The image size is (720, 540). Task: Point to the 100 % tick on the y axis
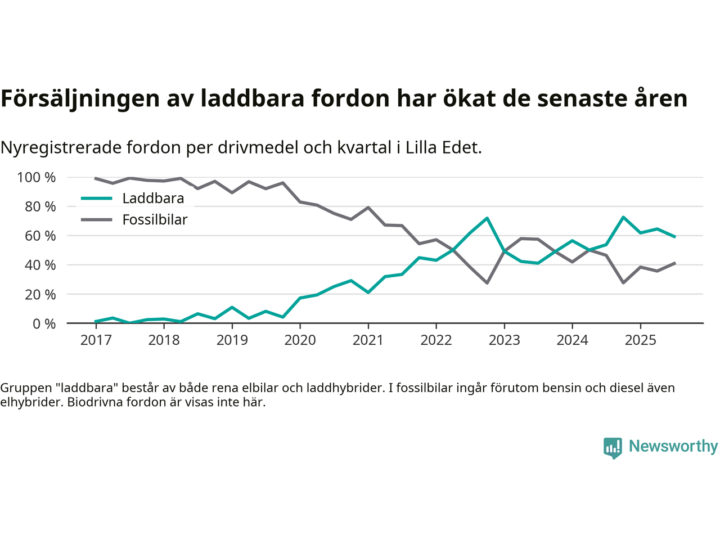(x=37, y=178)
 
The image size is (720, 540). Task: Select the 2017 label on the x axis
(x=96, y=340)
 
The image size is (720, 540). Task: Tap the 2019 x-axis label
(x=232, y=340)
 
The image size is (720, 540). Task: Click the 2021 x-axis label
(x=368, y=340)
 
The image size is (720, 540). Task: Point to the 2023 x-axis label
(x=504, y=340)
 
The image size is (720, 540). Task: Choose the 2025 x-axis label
(x=640, y=340)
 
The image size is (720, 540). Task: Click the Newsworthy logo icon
(x=613, y=448)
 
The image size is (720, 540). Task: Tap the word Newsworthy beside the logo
(x=673, y=446)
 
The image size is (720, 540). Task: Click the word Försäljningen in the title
(x=80, y=98)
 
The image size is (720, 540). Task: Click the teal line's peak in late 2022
(x=487, y=218)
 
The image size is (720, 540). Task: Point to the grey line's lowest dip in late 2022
(x=487, y=283)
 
